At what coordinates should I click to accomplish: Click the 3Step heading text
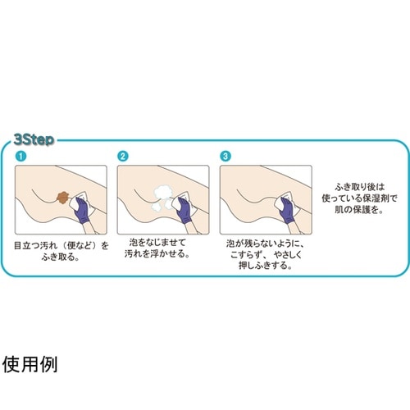click(33, 139)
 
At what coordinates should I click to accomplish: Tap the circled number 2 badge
click(122, 156)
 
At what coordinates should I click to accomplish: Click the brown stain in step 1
click(63, 198)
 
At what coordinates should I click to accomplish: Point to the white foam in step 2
click(163, 196)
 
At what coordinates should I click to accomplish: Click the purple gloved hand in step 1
click(86, 212)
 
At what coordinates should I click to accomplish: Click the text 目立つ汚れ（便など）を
click(61, 244)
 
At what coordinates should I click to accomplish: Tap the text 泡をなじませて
click(159, 244)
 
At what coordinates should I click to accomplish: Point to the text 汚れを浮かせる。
click(159, 255)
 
